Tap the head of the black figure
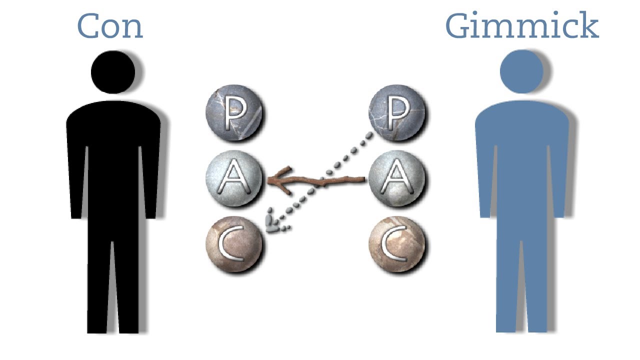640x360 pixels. [x=113, y=72]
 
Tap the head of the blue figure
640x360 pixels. [x=521, y=72]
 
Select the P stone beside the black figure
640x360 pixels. [x=233, y=113]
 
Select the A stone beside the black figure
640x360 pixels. [x=233, y=178]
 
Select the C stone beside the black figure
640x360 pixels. [x=233, y=243]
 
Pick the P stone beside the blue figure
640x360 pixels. [x=396, y=113]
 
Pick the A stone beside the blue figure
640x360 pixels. [x=396, y=178]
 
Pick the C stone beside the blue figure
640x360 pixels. [x=396, y=243]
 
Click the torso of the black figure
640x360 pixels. [x=113, y=150]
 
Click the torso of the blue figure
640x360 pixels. [x=521, y=150]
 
